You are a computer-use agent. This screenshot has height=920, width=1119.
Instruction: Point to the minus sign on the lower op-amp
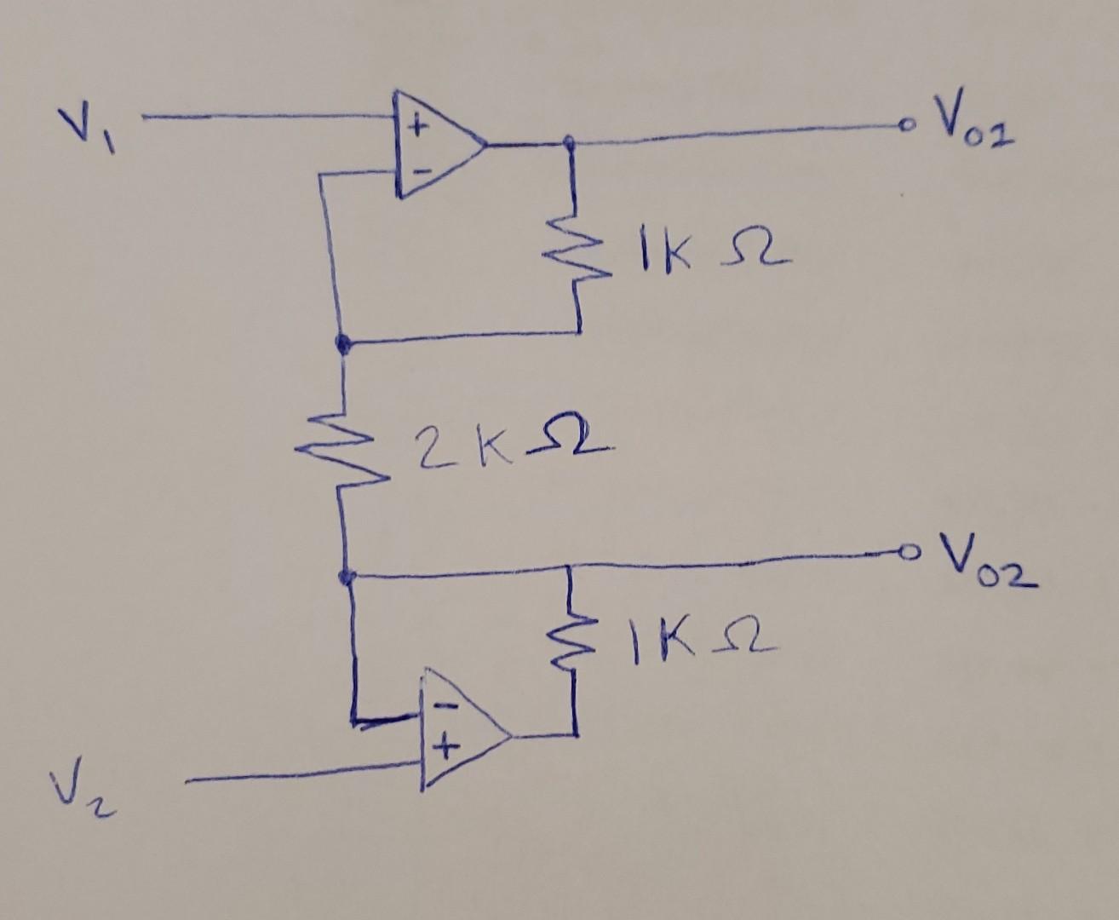point(444,707)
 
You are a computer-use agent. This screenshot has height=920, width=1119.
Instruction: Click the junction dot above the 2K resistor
point(342,344)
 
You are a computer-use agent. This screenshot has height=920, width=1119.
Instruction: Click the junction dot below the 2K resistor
point(345,577)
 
